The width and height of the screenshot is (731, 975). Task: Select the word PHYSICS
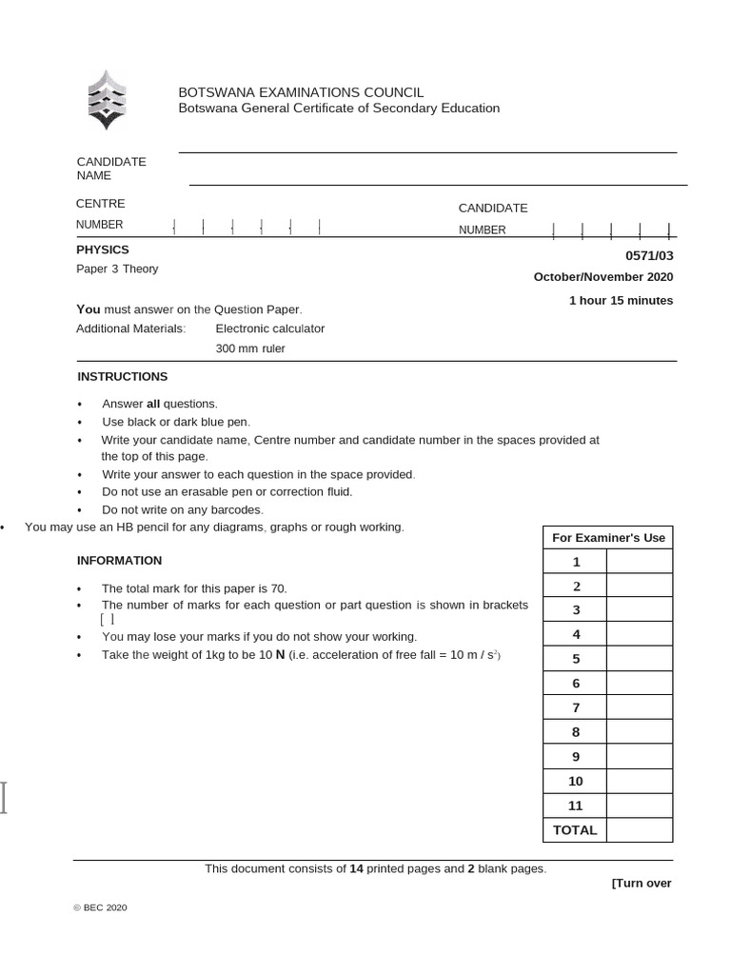click(102, 249)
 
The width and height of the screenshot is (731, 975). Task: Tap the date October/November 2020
click(603, 277)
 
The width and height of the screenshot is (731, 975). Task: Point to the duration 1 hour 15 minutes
click(621, 301)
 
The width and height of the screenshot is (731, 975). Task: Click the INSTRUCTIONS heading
click(122, 377)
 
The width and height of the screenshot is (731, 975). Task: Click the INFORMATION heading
click(119, 561)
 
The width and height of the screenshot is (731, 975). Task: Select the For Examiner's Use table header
click(608, 538)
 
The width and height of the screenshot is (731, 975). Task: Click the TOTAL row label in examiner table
click(575, 830)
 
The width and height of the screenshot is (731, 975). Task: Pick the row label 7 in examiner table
click(575, 707)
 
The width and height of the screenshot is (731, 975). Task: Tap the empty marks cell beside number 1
click(639, 562)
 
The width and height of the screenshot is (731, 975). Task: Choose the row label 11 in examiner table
click(575, 806)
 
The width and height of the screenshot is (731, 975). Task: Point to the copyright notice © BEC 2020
click(100, 908)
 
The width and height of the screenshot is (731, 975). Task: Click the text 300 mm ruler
click(250, 348)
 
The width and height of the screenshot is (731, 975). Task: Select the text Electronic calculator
click(270, 328)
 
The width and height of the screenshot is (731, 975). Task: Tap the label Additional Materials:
click(131, 328)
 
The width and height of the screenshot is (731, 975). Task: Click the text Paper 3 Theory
click(117, 269)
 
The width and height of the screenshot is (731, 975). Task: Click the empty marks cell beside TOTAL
click(639, 830)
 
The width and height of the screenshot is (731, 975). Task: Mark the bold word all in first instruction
click(153, 404)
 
